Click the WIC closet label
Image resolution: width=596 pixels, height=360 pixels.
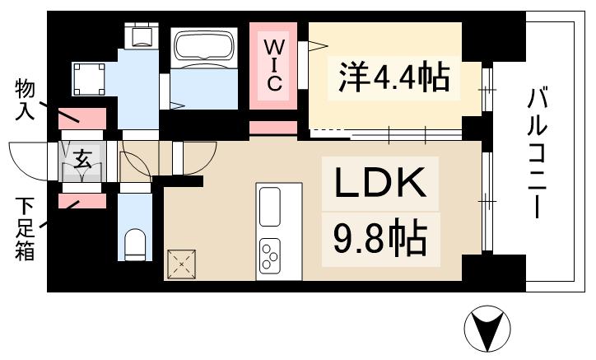coord(275,64)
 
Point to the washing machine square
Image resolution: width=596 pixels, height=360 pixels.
coord(89,79)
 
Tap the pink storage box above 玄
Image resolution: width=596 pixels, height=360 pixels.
coord(83,119)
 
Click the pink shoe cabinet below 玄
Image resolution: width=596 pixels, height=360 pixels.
coord(82,199)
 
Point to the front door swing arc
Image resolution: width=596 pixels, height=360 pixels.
coord(29,161)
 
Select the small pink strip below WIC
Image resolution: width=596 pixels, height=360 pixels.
coord(272,129)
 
